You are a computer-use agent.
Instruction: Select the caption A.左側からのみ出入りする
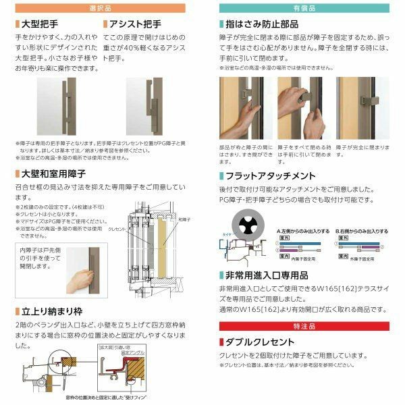[x=304, y=230]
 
